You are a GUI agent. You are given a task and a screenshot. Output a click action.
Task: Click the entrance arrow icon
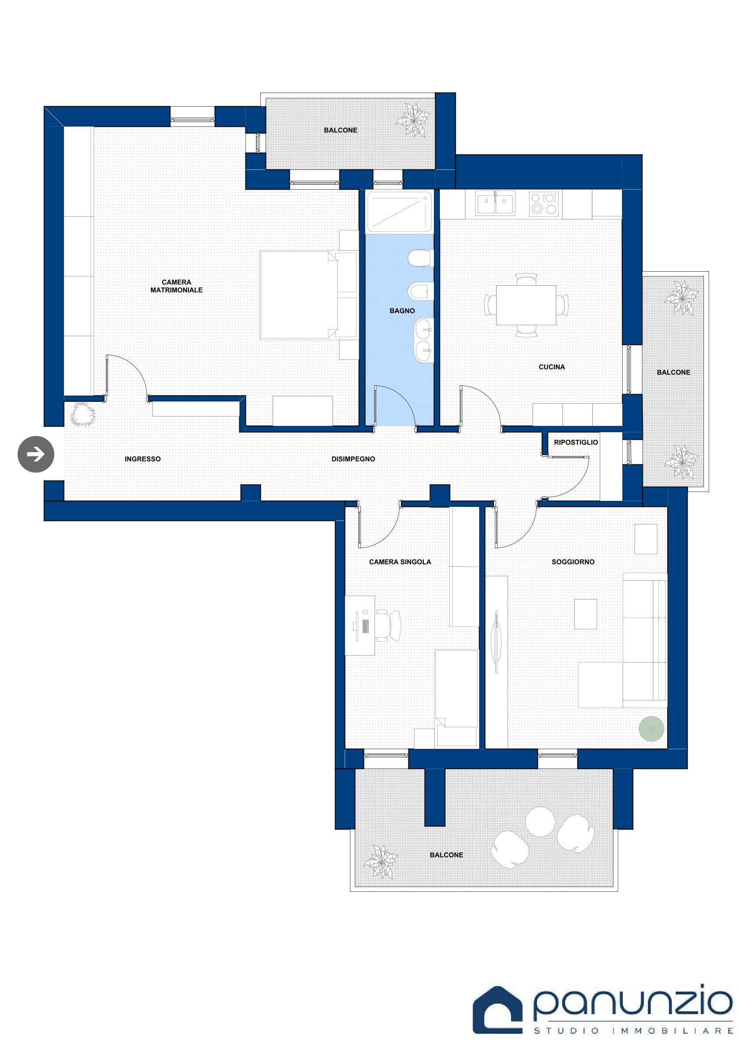(x=36, y=454)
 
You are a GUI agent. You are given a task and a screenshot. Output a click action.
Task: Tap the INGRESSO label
(x=143, y=459)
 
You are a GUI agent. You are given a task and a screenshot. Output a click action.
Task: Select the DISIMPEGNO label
(x=353, y=459)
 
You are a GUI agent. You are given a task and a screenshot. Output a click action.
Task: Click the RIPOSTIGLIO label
(x=576, y=442)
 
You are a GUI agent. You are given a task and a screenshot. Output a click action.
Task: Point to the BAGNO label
(x=402, y=311)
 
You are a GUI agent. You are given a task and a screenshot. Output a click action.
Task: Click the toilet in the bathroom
(x=420, y=258)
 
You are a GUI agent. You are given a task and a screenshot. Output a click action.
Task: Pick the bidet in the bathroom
(x=420, y=291)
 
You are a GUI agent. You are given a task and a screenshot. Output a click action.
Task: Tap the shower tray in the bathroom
(x=399, y=212)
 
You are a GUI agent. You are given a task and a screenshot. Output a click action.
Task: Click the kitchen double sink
(x=495, y=203)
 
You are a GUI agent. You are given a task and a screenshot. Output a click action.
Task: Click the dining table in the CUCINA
(x=526, y=305)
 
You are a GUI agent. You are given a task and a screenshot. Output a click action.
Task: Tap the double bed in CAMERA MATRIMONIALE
(x=308, y=295)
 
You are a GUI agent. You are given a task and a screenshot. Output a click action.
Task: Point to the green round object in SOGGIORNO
(x=651, y=729)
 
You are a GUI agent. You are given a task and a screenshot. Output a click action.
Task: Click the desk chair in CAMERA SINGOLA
(x=389, y=625)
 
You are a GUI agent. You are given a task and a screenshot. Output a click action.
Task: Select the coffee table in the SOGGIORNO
(x=586, y=614)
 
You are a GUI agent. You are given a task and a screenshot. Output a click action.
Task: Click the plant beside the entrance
(x=83, y=414)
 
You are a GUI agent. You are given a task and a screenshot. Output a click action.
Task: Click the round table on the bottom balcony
(x=540, y=822)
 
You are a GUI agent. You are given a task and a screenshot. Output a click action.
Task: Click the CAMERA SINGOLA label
(x=400, y=562)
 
